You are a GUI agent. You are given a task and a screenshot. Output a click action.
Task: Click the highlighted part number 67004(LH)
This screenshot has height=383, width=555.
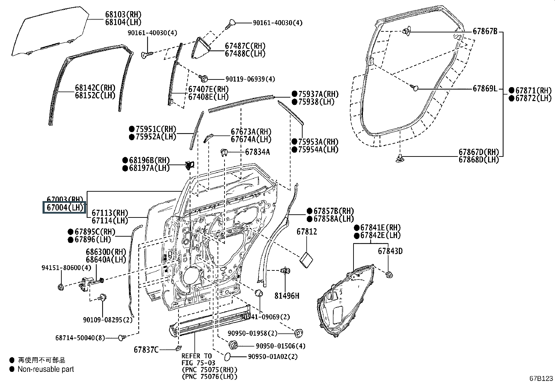pyautogui.click(x=64, y=208)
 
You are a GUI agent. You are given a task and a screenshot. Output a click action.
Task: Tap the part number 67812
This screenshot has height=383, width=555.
pyautogui.click(x=307, y=231)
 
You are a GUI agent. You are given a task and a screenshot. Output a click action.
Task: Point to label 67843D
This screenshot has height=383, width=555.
pyautogui.click(x=390, y=251)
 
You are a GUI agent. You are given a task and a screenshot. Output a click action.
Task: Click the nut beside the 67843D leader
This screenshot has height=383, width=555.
pyautogui.click(x=389, y=274)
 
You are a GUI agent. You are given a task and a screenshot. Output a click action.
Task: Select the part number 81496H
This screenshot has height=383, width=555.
pyautogui.click(x=287, y=296)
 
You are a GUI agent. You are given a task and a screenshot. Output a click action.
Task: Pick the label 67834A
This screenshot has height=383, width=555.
pyautogui.click(x=257, y=152)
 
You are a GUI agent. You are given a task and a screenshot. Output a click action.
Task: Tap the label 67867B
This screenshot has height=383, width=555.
pyautogui.click(x=485, y=31)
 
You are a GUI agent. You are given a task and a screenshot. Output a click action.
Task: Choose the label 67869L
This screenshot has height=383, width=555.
pyautogui.click(x=485, y=89)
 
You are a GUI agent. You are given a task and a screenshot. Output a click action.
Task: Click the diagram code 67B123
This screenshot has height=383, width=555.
pyautogui.click(x=541, y=378)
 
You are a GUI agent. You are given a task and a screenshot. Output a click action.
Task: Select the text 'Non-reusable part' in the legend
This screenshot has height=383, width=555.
pyautogui.click(x=46, y=369)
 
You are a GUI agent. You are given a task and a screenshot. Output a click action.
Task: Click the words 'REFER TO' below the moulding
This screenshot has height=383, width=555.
pyautogui.click(x=197, y=356)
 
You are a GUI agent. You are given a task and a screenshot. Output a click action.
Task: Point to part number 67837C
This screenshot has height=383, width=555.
pyautogui.click(x=146, y=350)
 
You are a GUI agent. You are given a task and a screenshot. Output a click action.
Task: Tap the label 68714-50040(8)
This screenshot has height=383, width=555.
pyautogui.click(x=80, y=338)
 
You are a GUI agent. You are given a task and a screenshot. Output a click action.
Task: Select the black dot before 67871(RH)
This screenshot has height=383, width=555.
pyautogui.click(x=511, y=91)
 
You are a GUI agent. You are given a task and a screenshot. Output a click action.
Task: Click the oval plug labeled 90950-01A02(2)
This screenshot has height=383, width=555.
pyautogui.click(x=226, y=356)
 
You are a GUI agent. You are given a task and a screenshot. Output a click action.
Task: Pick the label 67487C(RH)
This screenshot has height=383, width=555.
pyautogui.click(x=245, y=46)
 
